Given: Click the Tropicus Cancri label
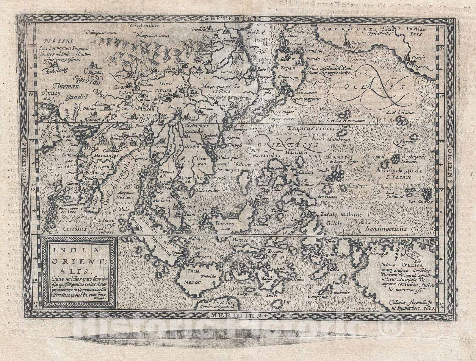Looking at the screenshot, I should pos(311,129).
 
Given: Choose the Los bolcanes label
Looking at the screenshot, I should pos(400,112).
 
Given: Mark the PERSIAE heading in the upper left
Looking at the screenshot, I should pos(53,42).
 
